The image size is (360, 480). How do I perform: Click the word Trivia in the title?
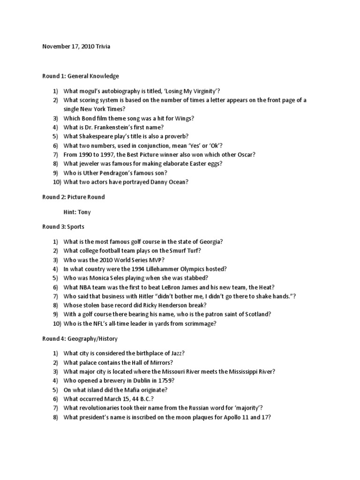pyautogui.click(x=103, y=46)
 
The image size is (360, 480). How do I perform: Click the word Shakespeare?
pyautogui.click(x=98, y=136)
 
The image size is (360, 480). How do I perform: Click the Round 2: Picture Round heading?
pyautogui.click(x=74, y=197)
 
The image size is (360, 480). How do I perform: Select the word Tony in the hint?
pyautogui.click(x=84, y=212)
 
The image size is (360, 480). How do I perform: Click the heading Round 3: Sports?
pyautogui.click(x=63, y=227)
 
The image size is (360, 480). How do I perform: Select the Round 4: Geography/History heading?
pyautogui.click(x=80, y=338)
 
